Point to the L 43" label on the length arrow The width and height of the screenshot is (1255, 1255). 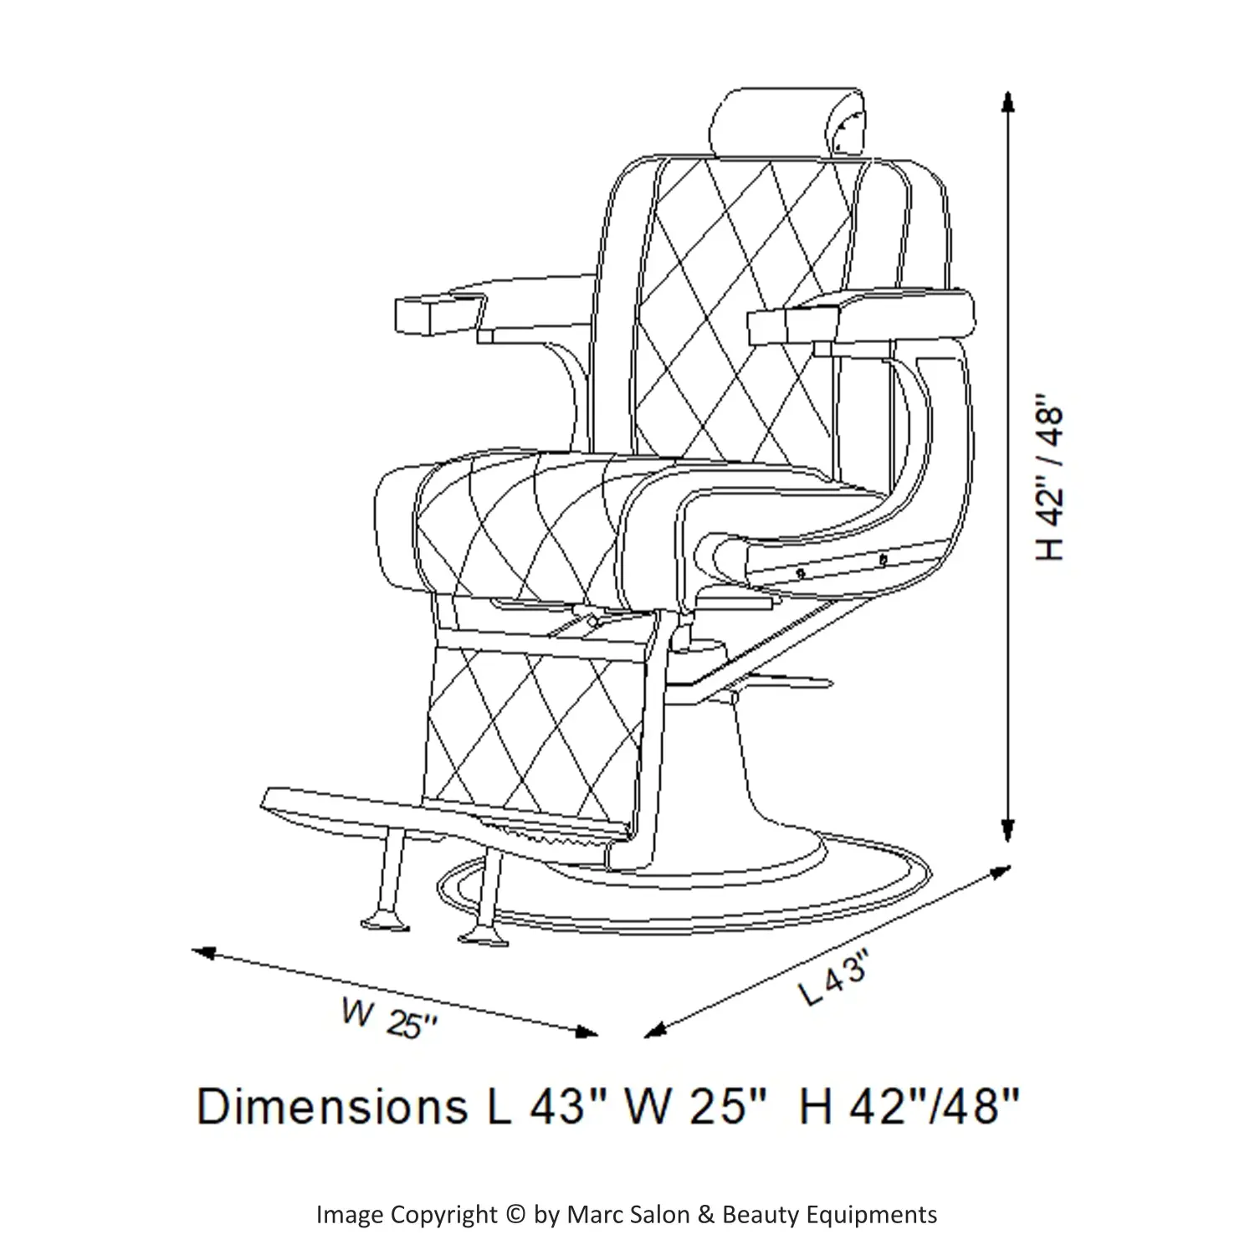(x=829, y=981)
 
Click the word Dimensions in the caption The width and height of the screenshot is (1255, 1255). (x=332, y=1106)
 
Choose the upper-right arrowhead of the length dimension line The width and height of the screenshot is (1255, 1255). (x=999, y=872)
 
